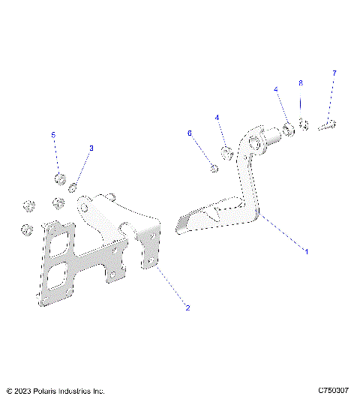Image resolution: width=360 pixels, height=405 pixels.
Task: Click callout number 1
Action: click(305, 250)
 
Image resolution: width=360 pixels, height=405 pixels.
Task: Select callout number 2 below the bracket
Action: click(187, 307)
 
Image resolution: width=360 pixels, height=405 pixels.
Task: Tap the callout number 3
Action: click(91, 148)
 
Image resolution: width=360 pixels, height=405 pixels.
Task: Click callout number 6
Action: click(190, 133)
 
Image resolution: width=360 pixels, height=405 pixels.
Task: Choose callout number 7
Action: click(334, 73)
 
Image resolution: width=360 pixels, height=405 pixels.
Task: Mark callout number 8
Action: click(301, 82)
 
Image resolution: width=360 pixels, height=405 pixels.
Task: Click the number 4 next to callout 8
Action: click(275, 89)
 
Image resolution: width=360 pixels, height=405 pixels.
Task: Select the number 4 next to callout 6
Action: click(217, 118)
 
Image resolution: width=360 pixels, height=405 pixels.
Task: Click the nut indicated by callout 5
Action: click(58, 178)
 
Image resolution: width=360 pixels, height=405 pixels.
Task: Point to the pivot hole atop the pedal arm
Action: click(255, 142)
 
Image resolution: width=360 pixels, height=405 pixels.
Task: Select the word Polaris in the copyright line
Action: click(49, 391)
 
